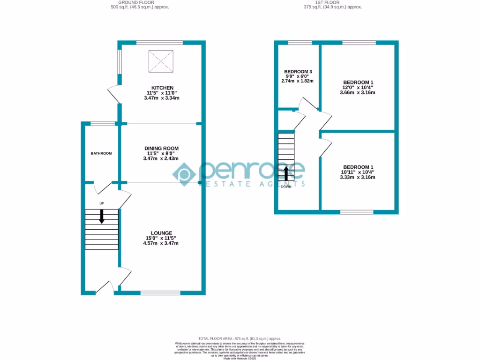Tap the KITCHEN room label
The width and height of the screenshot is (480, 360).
(x=162, y=88)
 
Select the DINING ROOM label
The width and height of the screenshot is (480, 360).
(x=161, y=149)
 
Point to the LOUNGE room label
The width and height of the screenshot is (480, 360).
(x=161, y=233)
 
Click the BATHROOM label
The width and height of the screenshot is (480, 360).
(x=101, y=153)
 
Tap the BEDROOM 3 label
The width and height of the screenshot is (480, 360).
(x=298, y=72)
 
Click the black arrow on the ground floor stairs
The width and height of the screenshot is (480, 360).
(x=102, y=217)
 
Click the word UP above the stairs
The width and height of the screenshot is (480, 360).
(x=101, y=203)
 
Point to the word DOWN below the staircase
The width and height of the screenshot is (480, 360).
(x=286, y=187)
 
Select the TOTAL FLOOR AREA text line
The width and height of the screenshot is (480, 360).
(x=240, y=338)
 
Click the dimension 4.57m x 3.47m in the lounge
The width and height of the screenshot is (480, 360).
(x=162, y=243)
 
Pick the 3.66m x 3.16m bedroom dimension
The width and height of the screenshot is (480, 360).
(x=358, y=92)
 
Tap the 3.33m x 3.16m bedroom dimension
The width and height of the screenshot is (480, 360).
(x=358, y=177)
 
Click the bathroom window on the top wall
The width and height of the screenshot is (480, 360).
(x=103, y=124)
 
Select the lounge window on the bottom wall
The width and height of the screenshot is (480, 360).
(x=160, y=293)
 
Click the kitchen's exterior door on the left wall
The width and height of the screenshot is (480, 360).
(x=114, y=94)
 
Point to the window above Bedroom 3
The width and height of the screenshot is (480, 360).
(x=299, y=43)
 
